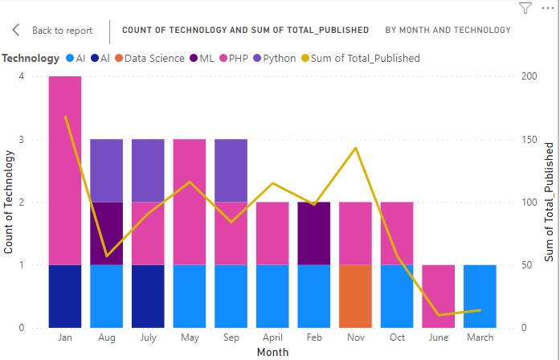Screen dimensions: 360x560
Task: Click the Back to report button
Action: pyautogui.click(x=53, y=31)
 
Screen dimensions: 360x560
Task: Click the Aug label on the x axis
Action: pyautogui.click(x=107, y=337)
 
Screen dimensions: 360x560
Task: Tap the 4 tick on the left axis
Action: pyautogui.click(x=22, y=76)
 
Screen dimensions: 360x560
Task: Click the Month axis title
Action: pyautogui.click(x=272, y=352)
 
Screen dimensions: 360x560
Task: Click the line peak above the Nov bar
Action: pyautogui.click(x=355, y=148)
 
